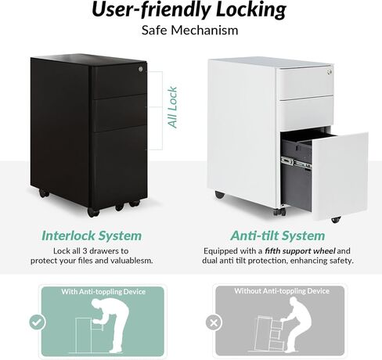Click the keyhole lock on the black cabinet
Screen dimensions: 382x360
(141, 69)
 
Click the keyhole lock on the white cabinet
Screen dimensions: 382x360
(330, 72)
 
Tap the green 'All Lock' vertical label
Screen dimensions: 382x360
(172, 107)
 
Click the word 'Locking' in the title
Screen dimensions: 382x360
(251, 9)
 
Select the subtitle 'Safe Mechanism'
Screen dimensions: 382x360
(189, 31)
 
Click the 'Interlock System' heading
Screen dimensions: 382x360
(92, 236)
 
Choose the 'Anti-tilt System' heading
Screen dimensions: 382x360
(278, 236)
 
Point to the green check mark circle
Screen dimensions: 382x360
(38, 322)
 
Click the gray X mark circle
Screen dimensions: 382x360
(214, 322)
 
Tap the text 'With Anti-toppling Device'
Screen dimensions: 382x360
(103, 291)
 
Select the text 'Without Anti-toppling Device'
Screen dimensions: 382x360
(282, 291)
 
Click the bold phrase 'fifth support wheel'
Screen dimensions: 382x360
(300, 251)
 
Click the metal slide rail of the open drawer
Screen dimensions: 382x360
(297, 162)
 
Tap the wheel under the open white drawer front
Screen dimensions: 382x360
(336, 220)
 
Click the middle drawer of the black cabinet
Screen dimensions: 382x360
(120, 113)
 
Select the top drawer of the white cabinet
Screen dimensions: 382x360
(305, 83)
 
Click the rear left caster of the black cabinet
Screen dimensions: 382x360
(44, 193)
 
